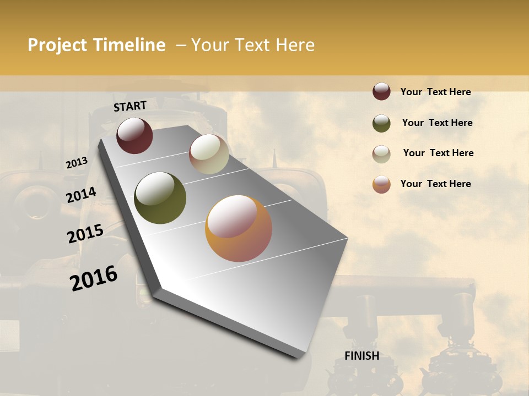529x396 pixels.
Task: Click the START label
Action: coord(130,106)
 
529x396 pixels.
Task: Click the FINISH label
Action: coord(361,356)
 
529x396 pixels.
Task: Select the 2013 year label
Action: coord(77,163)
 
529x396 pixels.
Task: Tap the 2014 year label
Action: coord(81,195)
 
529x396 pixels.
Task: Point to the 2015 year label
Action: coord(85,234)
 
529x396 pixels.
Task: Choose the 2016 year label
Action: coord(94,278)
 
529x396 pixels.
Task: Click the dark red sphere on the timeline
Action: coord(134,135)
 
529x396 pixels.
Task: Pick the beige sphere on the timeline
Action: coord(209,154)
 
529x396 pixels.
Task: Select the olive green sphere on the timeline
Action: coord(160,198)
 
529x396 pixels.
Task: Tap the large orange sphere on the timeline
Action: coord(239,228)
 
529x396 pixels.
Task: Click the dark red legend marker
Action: coord(381,91)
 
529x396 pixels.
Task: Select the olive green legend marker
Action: coord(381,123)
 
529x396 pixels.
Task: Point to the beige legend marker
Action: coord(381,154)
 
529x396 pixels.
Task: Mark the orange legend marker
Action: coord(381,184)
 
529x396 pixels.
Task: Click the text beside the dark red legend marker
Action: coord(435,92)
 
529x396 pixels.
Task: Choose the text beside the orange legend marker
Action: coord(435,184)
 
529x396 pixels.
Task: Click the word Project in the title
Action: coord(58,45)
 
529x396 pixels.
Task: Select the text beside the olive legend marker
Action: coord(437,123)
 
